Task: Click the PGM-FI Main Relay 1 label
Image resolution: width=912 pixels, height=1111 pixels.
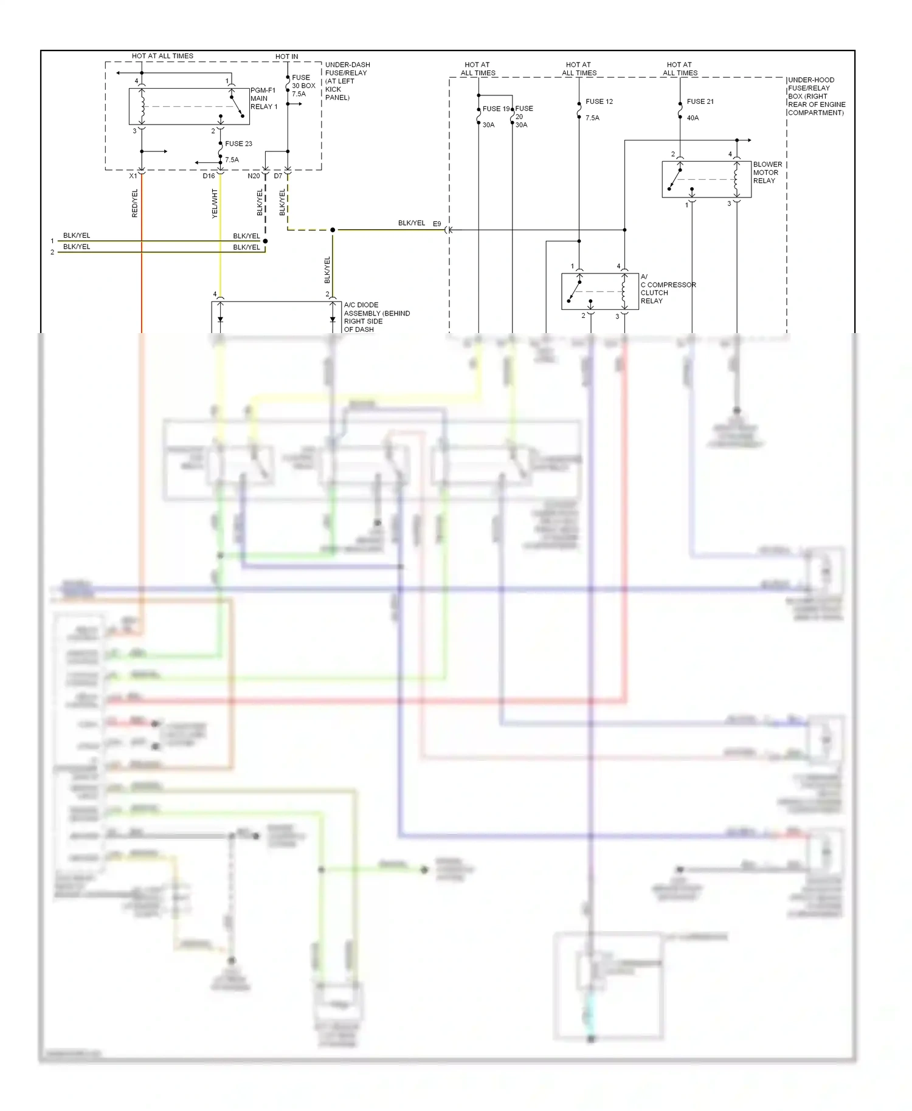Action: [263, 98]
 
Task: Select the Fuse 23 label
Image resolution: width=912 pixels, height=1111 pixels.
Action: [238, 144]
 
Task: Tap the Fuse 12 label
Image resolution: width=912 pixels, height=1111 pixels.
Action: [599, 101]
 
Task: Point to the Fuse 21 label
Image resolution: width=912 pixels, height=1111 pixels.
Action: [700, 101]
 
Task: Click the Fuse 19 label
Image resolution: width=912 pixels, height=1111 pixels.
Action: [496, 109]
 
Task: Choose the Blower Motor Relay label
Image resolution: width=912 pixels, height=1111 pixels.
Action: [767, 173]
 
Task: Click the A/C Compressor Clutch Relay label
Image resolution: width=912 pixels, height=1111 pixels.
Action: [667, 289]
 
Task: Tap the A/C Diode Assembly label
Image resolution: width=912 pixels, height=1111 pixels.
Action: [376, 317]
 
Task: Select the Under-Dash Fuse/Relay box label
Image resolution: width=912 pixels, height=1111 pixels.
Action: [347, 81]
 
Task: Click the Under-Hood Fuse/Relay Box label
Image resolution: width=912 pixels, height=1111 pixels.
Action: [816, 96]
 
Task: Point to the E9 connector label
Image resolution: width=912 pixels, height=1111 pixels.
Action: [437, 224]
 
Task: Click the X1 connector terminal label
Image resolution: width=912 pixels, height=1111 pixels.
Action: [133, 176]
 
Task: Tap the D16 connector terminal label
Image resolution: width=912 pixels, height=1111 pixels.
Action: [209, 176]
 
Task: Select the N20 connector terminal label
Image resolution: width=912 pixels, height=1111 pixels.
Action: [254, 176]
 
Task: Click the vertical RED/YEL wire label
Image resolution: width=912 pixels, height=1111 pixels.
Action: [135, 203]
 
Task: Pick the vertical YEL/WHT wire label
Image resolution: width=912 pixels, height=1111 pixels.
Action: [214, 204]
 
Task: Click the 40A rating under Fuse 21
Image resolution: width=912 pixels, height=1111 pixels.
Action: [693, 118]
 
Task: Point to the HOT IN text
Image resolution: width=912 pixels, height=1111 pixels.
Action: [286, 57]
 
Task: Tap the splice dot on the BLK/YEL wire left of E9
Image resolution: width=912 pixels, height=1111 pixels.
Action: [333, 230]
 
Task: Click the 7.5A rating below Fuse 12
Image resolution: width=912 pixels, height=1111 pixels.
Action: [592, 118]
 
